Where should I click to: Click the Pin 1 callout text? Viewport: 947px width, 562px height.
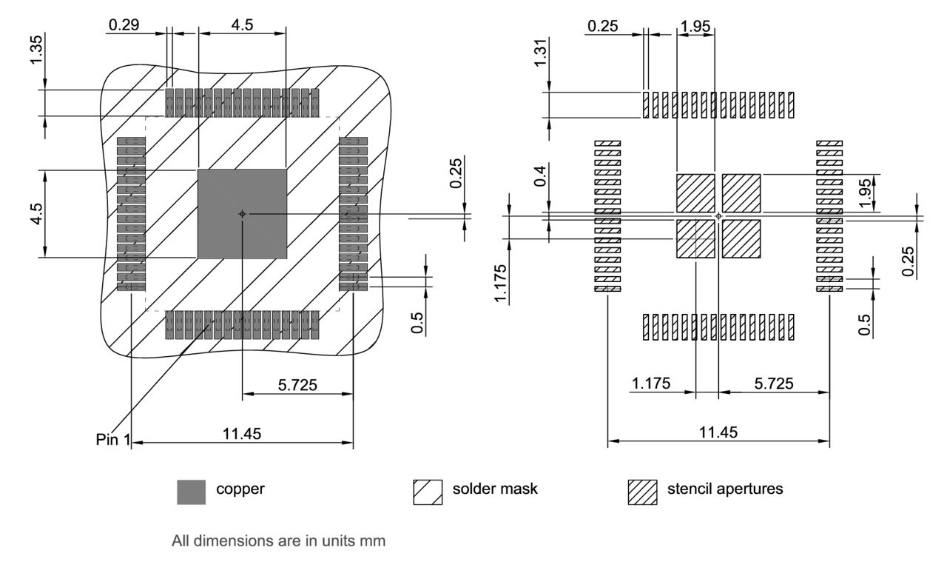click(x=112, y=438)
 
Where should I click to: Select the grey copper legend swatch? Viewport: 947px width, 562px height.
click(x=192, y=492)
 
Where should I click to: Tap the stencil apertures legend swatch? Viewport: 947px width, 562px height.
click(x=642, y=492)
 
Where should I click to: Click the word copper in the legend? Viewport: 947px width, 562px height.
click(x=238, y=489)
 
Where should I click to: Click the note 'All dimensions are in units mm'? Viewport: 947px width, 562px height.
click(x=278, y=541)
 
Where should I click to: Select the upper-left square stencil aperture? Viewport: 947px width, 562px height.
click(x=695, y=193)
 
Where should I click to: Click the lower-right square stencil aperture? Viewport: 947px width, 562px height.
click(x=741, y=239)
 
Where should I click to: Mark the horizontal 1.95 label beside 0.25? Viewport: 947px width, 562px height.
click(x=695, y=26)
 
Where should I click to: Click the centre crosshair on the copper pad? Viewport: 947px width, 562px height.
click(x=241, y=213)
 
